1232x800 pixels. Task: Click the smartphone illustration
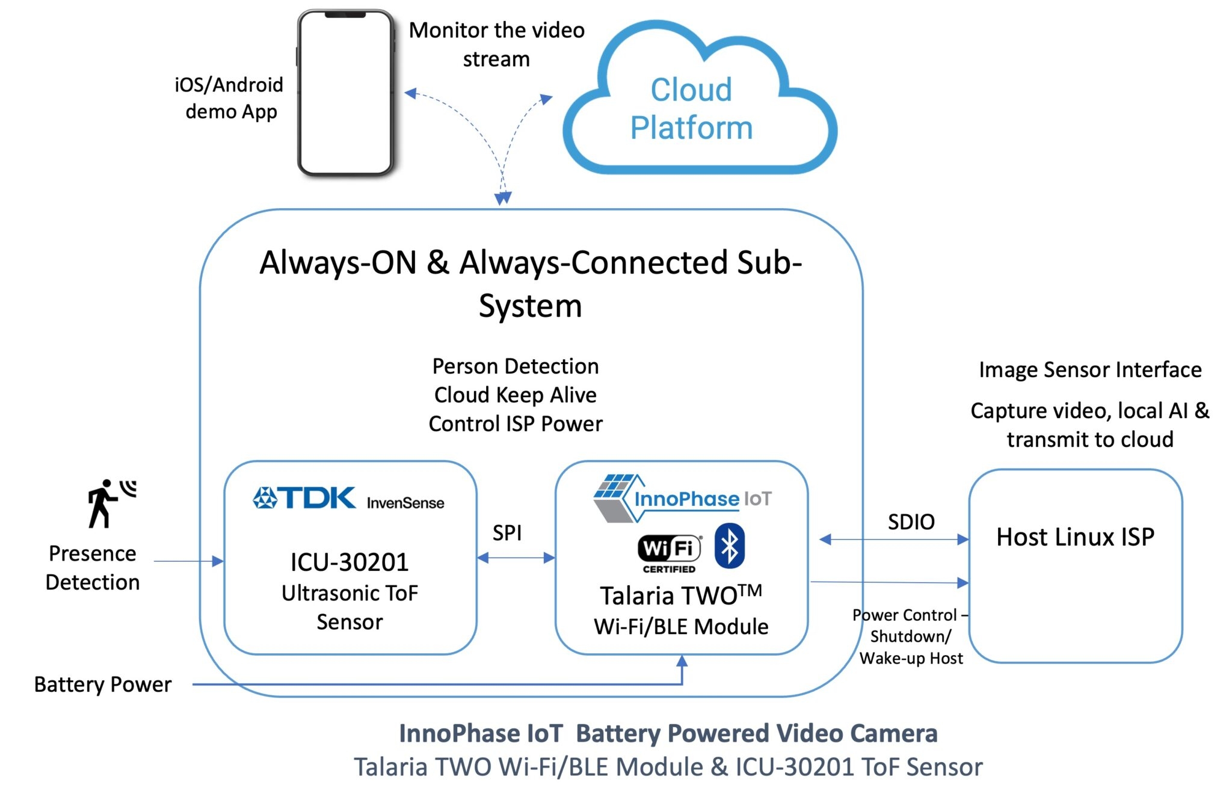tap(346, 93)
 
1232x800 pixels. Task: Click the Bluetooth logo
tap(730, 546)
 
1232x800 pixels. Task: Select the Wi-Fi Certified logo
tap(669, 552)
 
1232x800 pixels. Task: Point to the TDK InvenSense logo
tap(348, 499)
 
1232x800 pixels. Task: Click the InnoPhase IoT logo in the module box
tap(683, 498)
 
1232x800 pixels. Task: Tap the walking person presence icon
tap(108, 503)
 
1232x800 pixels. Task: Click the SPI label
tap(507, 533)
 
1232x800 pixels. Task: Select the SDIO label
tap(911, 522)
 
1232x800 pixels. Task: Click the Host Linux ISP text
tap(1075, 537)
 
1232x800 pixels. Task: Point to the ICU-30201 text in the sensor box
tap(350, 562)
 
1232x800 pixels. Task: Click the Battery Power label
tap(102, 685)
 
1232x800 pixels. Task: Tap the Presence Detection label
tap(93, 568)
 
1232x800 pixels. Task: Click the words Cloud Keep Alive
tap(516, 395)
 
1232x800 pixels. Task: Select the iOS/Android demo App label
tap(229, 98)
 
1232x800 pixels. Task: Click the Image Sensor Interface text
tap(1089, 369)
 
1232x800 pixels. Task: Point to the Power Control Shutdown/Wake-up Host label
tap(910, 636)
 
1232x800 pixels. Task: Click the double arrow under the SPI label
tap(516, 558)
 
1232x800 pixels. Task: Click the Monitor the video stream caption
tap(496, 45)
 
